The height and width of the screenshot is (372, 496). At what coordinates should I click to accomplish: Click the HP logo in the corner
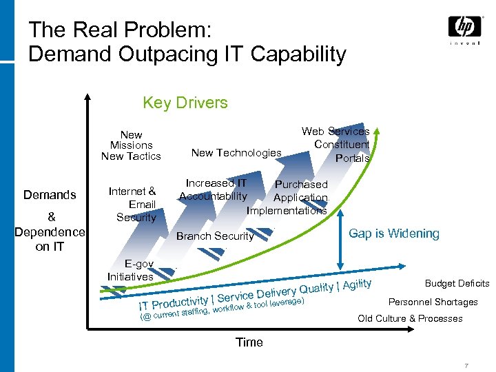coord(465,27)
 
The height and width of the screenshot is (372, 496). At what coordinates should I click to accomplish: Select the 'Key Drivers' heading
coord(185,103)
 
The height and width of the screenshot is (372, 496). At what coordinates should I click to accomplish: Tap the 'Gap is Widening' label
coord(393,234)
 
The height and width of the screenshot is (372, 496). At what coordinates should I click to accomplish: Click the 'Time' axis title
coord(249,342)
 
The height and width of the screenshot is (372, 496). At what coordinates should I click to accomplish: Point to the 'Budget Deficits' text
coord(457,284)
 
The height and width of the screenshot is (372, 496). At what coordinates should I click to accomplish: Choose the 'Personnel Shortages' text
coord(433,302)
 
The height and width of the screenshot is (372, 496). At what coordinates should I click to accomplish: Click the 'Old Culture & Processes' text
coord(410,318)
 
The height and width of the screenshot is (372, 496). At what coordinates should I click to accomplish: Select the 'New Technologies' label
coord(236,153)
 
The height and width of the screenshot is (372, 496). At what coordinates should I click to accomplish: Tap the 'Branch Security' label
coord(215,236)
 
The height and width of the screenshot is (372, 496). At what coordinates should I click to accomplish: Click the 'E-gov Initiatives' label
coord(130,270)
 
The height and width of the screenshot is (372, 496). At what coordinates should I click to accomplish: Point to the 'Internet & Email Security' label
coord(132,204)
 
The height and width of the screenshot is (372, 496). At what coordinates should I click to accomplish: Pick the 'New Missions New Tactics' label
coord(131,145)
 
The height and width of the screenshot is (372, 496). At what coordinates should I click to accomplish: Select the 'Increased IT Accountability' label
coord(214,189)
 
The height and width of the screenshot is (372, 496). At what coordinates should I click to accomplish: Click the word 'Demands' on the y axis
coord(50,195)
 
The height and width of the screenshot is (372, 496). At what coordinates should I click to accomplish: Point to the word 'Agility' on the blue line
coord(357,284)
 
